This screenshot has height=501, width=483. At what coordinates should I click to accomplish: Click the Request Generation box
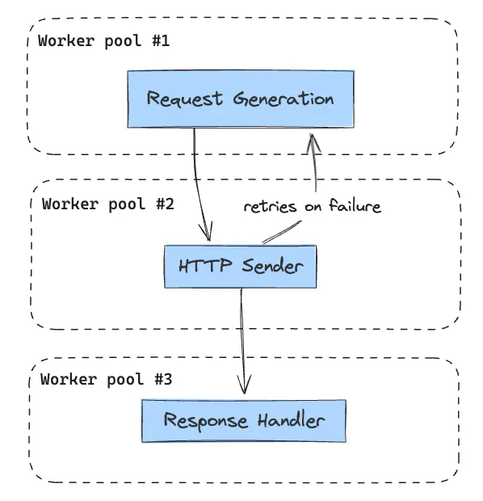241,99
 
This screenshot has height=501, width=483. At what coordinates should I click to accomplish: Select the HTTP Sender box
241,267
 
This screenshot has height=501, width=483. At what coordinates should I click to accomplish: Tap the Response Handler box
244,421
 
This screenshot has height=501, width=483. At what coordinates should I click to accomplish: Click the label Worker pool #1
104,41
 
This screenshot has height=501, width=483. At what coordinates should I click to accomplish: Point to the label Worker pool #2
108,204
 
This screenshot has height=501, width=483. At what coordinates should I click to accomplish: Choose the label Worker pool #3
106,379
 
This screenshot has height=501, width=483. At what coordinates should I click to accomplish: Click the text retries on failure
313,206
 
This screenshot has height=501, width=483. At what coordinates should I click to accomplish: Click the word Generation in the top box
283,99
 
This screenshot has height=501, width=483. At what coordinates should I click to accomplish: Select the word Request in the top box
185,99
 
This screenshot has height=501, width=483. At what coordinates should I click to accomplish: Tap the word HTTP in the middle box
205,265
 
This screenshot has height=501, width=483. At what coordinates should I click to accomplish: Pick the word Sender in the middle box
272,266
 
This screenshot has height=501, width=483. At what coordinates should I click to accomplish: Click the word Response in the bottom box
206,420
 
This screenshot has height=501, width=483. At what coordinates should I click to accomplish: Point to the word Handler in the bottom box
292,420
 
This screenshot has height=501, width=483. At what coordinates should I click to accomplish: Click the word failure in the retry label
355,205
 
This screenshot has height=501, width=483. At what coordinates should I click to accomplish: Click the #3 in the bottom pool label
163,379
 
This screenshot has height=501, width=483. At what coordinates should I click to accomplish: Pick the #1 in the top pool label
161,41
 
